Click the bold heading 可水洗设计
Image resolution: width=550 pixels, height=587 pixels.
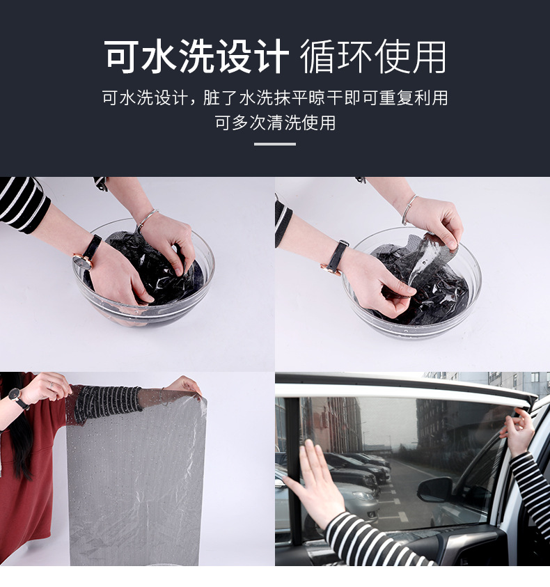coord(197,56)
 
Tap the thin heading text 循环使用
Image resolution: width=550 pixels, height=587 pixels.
coord(373,56)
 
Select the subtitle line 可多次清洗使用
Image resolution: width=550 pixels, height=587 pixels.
coord(275,123)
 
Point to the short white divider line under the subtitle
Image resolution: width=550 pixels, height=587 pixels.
coord(275,143)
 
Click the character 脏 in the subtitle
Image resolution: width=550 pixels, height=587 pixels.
coord(211,97)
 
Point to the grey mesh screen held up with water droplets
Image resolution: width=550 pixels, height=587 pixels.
coord(136,476)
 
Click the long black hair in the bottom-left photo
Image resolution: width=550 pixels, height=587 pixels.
coord(19,430)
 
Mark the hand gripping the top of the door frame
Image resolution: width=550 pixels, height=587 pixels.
coord(519,432)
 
